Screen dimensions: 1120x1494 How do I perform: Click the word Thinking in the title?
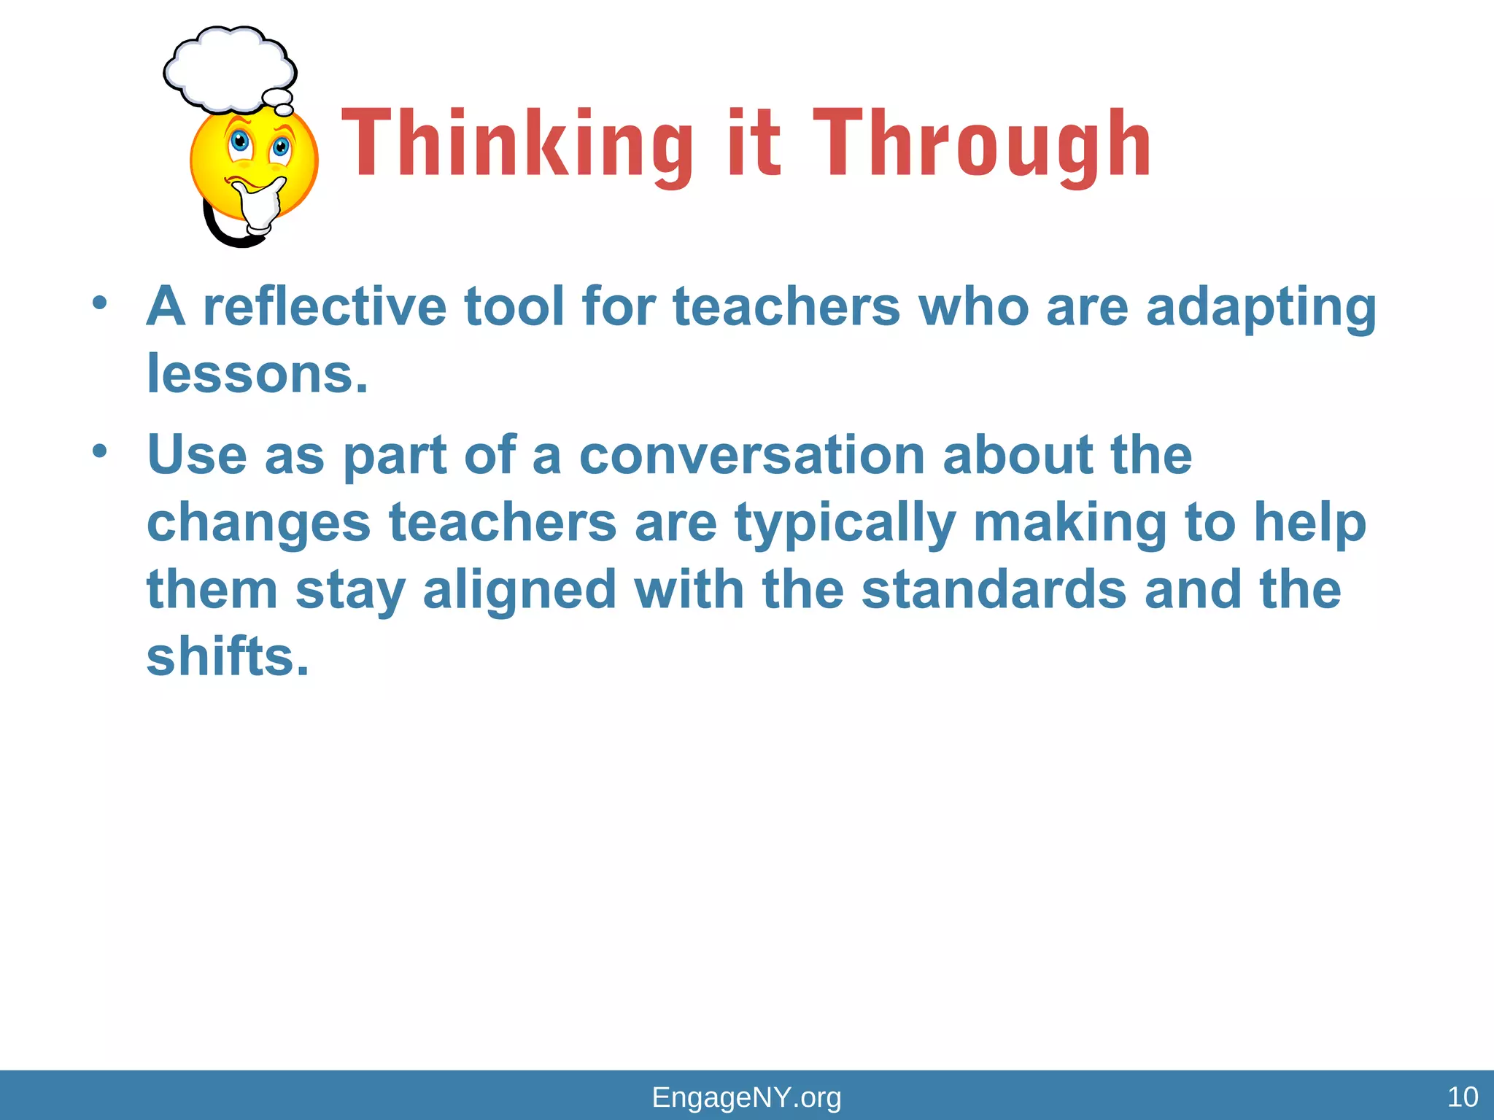click(x=516, y=144)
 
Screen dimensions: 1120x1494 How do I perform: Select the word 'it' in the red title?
click(x=754, y=144)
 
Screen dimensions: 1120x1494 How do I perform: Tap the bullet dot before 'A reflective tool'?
click(x=100, y=302)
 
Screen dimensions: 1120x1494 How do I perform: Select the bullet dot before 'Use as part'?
click(x=100, y=451)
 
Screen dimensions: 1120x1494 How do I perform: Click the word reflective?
click(x=324, y=306)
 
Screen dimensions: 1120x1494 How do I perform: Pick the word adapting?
click(x=1261, y=308)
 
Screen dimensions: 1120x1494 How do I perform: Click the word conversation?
click(x=751, y=455)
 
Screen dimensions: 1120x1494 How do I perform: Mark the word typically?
click(x=845, y=524)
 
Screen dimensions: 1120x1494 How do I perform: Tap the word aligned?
click(x=519, y=591)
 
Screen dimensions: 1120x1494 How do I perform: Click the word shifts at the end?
click(x=228, y=656)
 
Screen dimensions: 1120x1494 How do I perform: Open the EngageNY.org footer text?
click(x=746, y=1097)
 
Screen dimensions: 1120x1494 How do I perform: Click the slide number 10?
click(x=1462, y=1097)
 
